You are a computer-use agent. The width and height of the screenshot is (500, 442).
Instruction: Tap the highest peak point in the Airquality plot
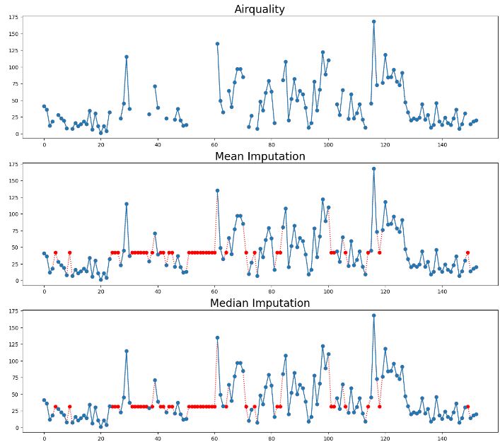coord(373,21)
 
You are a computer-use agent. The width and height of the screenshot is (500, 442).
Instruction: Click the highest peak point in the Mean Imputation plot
coord(373,168)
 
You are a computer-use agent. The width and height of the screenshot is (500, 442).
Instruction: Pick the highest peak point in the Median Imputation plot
coord(373,315)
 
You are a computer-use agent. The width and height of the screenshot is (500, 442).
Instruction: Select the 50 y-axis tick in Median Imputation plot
coord(14,395)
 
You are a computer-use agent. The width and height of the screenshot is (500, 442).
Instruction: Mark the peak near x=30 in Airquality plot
coord(127,57)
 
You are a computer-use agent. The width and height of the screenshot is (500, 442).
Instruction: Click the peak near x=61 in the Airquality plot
coord(217,43)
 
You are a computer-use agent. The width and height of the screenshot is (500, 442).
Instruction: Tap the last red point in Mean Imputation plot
coord(467,252)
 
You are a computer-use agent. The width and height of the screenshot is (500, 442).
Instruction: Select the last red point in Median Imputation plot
coord(467,407)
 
